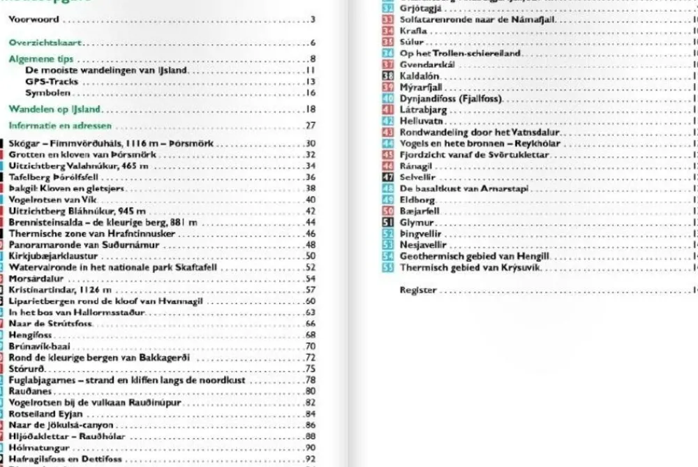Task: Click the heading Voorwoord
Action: pyautogui.click(x=34, y=20)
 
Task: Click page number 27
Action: pyautogui.click(x=311, y=126)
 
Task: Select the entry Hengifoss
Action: pyautogui.click(x=27, y=335)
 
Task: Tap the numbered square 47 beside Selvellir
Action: pyautogui.click(x=389, y=178)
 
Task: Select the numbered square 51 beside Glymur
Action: pyautogui.click(x=389, y=223)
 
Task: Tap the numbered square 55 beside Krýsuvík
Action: pyautogui.click(x=389, y=268)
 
